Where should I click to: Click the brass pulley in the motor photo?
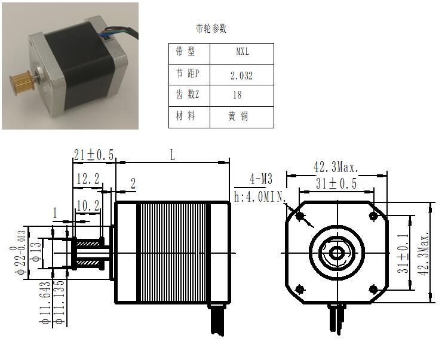coord(22,79)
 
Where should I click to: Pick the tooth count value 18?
coord(237,95)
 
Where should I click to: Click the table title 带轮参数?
coord(211,29)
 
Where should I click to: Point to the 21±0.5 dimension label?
coord(94,155)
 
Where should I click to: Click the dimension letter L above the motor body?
coord(173,155)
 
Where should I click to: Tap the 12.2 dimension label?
coord(88,179)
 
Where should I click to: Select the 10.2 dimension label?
coord(88,206)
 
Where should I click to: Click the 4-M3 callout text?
coord(261,179)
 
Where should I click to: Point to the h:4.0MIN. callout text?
coord(259,197)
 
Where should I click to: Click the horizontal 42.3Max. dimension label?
coord(336,167)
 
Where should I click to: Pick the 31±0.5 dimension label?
coord(336,183)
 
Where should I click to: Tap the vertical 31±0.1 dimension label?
coord(403,253)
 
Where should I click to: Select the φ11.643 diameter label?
coord(45,303)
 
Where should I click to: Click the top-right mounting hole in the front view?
coord(373,216)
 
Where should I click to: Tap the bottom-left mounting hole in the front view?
coord(300,290)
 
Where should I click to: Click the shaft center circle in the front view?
coord(337,253)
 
